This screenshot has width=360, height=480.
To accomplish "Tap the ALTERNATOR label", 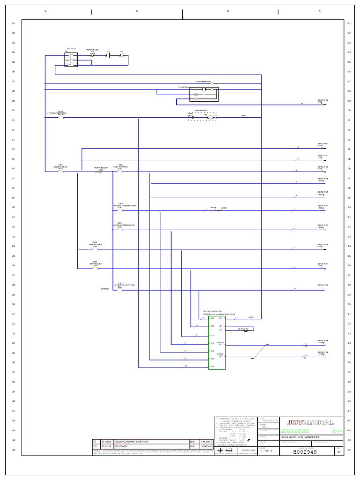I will (x=203, y=82).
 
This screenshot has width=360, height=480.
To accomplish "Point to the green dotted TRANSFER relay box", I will (x=202, y=116).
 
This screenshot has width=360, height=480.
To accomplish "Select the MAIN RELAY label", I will (x=101, y=167).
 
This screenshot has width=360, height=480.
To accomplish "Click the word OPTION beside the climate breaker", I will (x=105, y=289).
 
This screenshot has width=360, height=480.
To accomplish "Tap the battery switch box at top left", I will (x=71, y=59).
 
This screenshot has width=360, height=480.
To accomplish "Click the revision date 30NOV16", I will (x=207, y=447).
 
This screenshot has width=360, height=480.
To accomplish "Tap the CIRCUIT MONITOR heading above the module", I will (x=212, y=311).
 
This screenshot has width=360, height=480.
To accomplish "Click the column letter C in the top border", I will (x=228, y=11).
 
